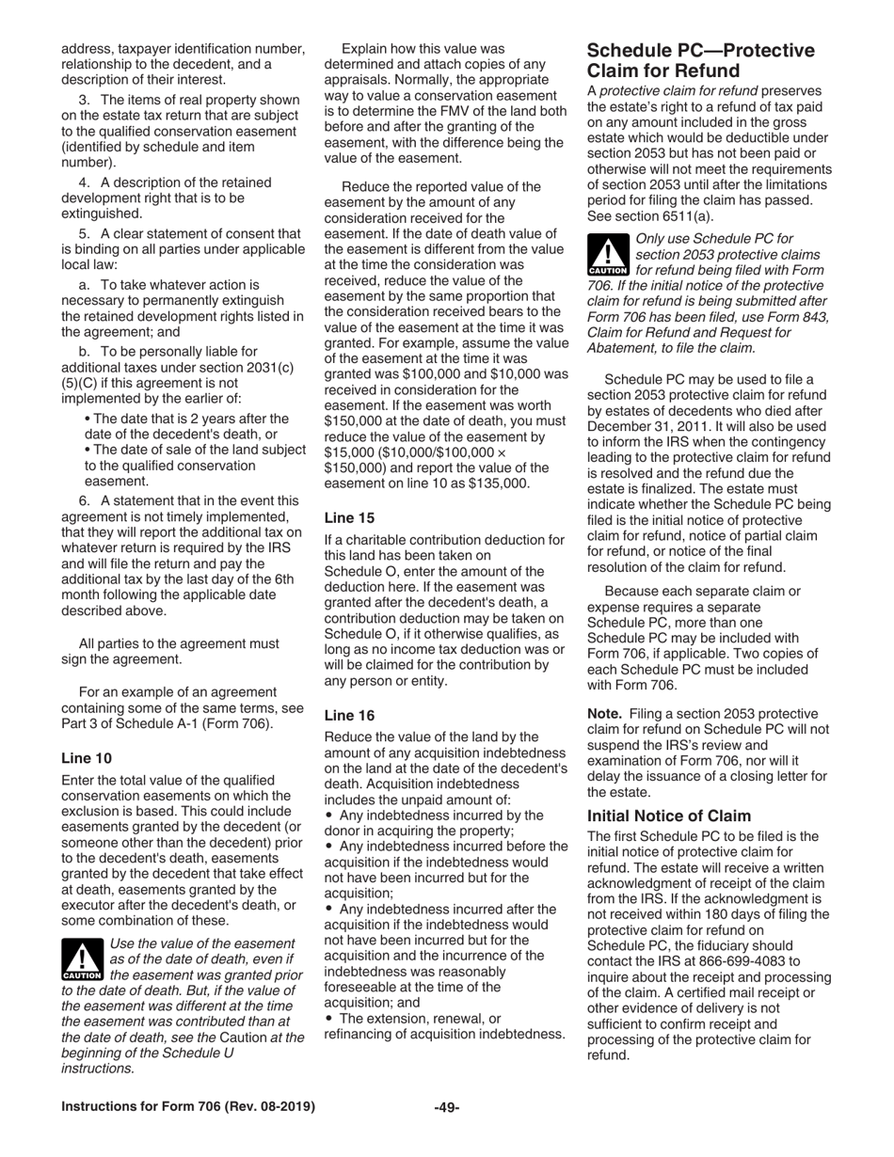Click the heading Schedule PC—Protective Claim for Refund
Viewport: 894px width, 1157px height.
pos(700,60)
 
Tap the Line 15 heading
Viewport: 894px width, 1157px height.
pos(349,517)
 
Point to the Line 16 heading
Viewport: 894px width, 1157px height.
pos(349,715)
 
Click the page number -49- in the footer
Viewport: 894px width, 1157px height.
pos(446,1107)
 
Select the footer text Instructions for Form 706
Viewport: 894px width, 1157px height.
pos(188,1107)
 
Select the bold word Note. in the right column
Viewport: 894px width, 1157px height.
pos(606,714)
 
